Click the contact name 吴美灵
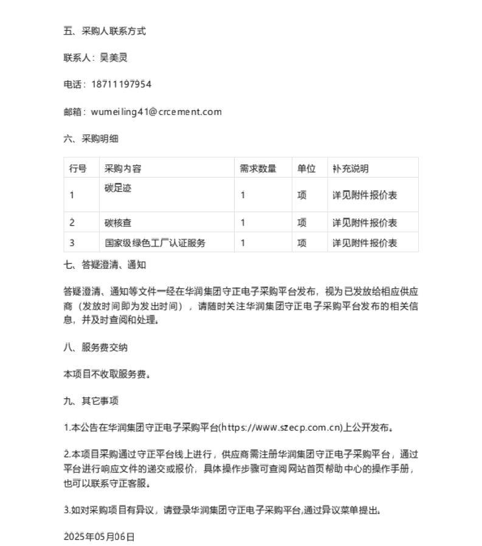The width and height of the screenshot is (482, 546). pyautogui.click(x=114, y=58)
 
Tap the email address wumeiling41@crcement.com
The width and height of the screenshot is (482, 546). pyautogui.click(x=156, y=112)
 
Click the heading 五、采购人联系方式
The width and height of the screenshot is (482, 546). pyautogui.click(x=105, y=31)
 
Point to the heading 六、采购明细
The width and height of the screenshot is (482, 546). pyautogui.click(x=91, y=139)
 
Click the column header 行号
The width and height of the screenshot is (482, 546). pyautogui.click(x=78, y=168)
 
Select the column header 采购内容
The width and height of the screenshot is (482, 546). pyautogui.click(x=123, y=168)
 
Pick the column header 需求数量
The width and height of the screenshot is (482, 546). pyautogui.click(x=258, y=168)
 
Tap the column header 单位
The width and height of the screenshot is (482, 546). pyautogui.click(x=306, y=168)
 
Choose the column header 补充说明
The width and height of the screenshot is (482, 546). pyautogui.click(x=350, y=168)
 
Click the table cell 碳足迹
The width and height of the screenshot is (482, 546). pyautogui.click(x=118, y=188)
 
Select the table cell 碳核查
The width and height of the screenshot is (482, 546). pyautogui.click(x=118, y=223)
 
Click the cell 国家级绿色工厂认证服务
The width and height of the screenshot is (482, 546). pyautogui.click(x=155, y=243)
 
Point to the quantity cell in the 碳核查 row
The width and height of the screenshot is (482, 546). pyautogui.click(x=243, y=223)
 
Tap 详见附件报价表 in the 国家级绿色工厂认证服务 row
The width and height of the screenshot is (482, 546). pyautogui.click(x=365, y=243)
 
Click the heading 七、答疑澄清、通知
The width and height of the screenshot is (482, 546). pyautogui.click(x=105, y=264)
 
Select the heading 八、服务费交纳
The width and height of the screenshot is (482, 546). pyautogui.click(x=95, y=348)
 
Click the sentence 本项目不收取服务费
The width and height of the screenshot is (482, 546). pyautogui.click(x=106, y=375)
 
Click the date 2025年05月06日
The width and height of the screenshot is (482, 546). pyautogui.click(x=99, y=536)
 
